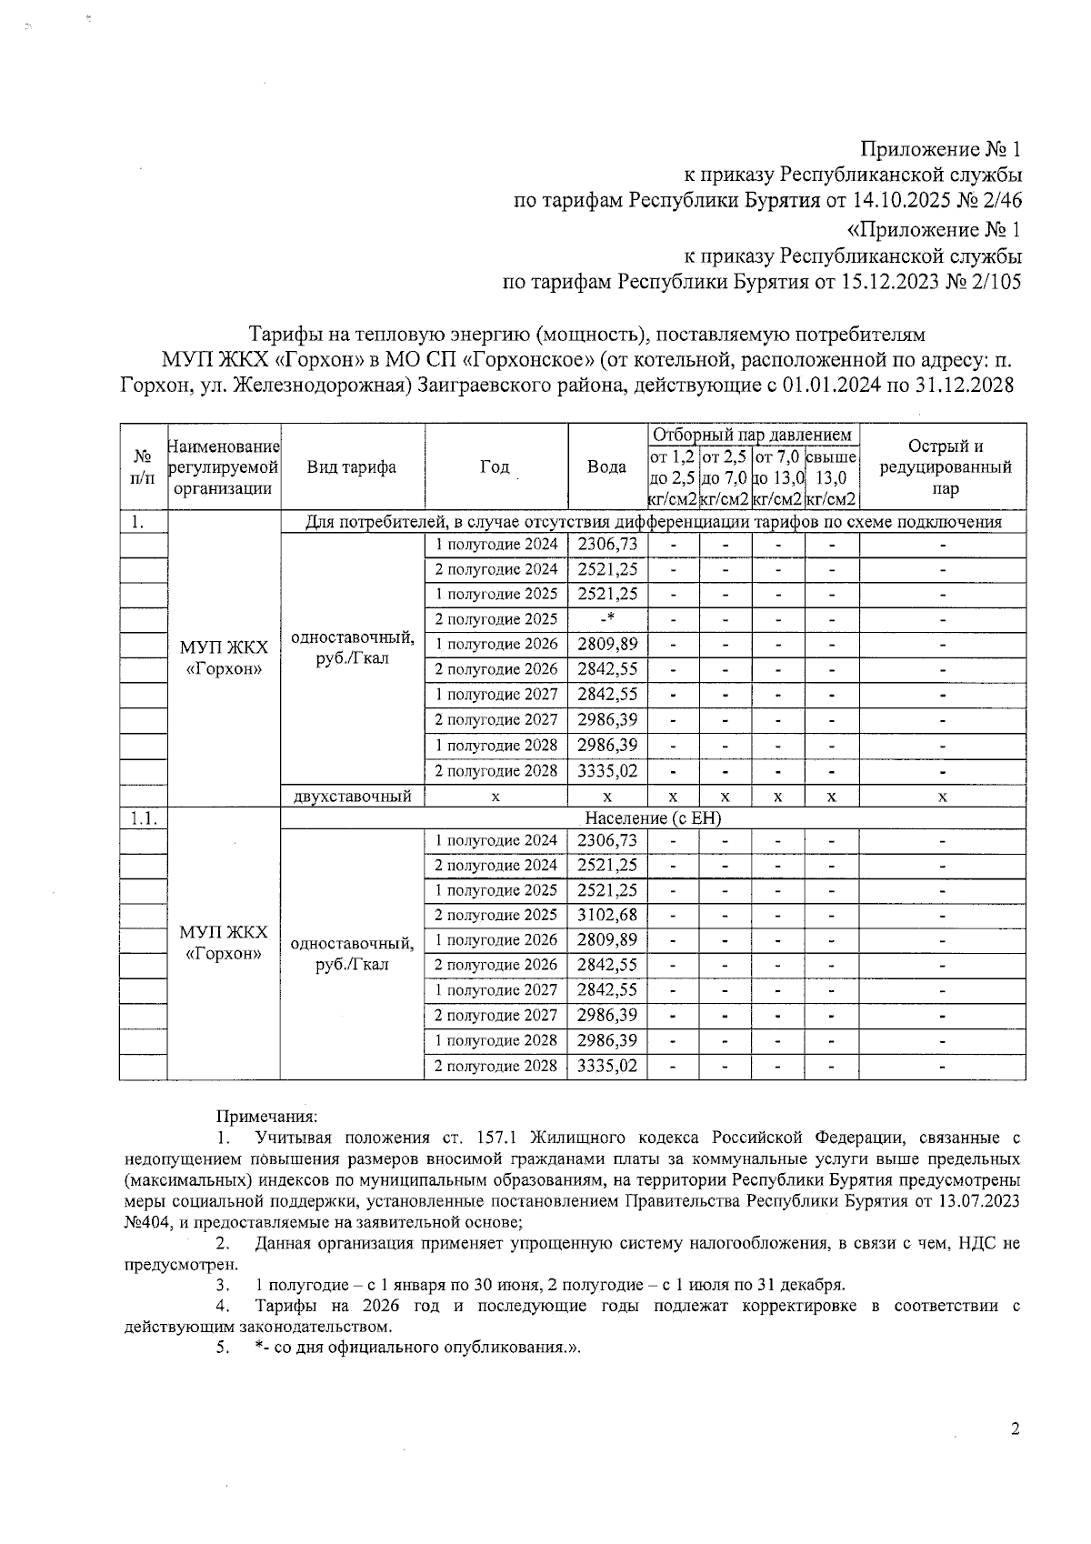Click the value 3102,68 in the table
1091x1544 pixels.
607,915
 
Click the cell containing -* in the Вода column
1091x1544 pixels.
607,619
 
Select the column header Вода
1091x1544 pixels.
606,466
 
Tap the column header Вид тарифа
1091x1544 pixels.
351,466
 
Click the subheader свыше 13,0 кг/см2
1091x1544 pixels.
831,477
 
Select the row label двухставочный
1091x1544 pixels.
352,797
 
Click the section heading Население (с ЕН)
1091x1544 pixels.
653,818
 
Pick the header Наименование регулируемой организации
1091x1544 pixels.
225,466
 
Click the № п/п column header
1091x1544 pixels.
143,466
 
